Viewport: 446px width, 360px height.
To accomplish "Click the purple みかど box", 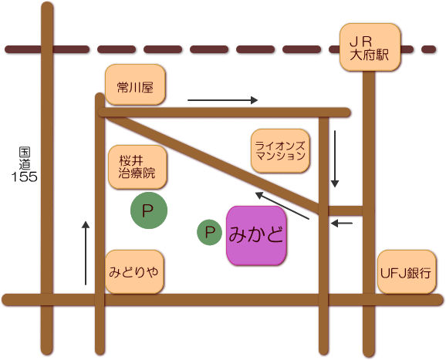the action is pyautogui.click(x=256, y=236).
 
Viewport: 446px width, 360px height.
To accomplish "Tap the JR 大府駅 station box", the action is pyautogui.click(x=370, y=47).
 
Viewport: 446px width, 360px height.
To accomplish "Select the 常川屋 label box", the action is pyautogui.click(x=135, y=84).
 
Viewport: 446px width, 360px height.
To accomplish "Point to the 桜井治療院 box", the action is pyautogui.click(x=137, y=167).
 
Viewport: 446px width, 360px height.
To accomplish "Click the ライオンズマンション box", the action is pyautogui.click(x=280, y=151).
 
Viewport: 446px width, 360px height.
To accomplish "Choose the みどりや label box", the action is pyautogui.click(x=134, y=272).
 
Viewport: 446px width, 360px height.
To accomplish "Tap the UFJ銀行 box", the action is pyautogui.click(x=407, y=272).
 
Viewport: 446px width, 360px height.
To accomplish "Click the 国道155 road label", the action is pyautogui.click(x=25, y=164).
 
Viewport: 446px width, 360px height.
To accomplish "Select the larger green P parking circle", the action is pyautogui.click(x=149, y=210).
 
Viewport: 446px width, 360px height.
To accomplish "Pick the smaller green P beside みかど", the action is pyautogui.click(x=210, y=233).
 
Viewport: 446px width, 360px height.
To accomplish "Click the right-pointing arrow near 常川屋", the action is pyautogui.click(x=222, y=100).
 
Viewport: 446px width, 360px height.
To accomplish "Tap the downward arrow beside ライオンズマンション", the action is pyautogui.click(x=335, y=159).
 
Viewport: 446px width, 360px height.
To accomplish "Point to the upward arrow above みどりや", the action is pyautogui.click(x=86, y=253).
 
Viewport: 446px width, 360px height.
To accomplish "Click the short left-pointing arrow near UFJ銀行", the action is pyautogui.click(x=342, y=224).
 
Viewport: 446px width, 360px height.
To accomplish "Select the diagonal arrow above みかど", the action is pyautogui.click(x=282, y=206).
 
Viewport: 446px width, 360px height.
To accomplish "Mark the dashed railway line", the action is pyautogui.click(x=221, y=49).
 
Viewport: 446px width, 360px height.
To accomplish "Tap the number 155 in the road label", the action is pyautogui.click(x=25, y=177).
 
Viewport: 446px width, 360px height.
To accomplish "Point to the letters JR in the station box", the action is pyautogui.click(x=361, y=42).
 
